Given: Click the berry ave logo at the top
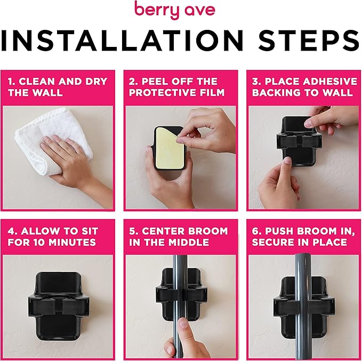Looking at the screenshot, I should [181, 11].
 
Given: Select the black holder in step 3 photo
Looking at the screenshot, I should [299, 141].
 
